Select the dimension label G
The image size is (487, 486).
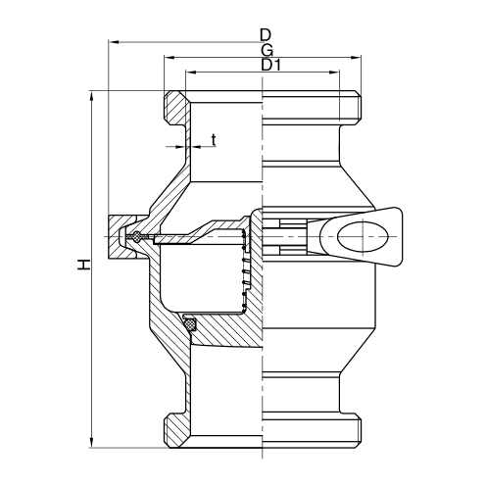click(267, 50)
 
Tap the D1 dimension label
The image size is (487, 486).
click(270, 66)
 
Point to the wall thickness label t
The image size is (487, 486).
click(212, 139)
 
